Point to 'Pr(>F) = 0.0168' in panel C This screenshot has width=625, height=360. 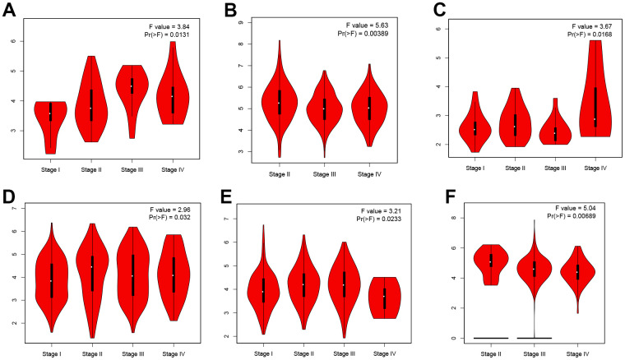coord(586,35)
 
